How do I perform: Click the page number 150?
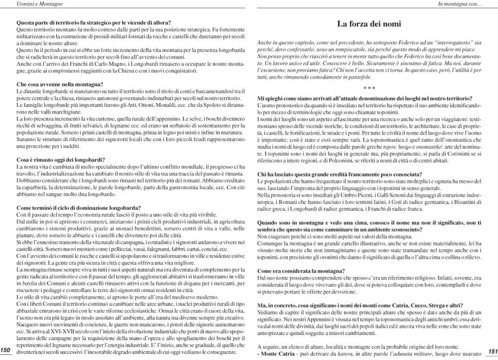[6, 350]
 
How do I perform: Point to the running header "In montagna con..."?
[459, 4]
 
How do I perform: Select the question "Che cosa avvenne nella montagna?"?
[60, 84]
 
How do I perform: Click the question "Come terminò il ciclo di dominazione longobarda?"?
[78, 208]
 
